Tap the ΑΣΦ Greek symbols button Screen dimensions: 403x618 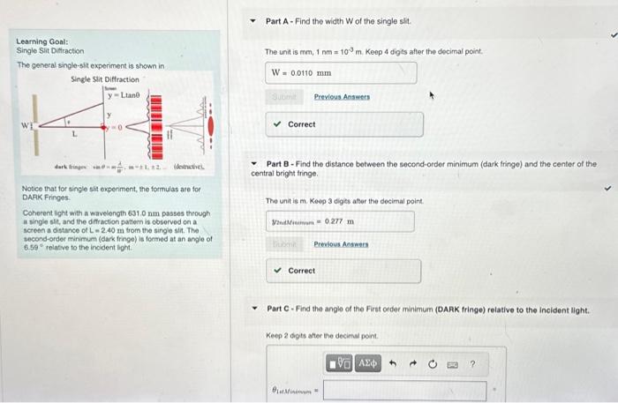coord(368,362)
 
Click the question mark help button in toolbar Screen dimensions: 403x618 coord(472,362)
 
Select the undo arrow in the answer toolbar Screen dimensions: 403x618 coord(393,362)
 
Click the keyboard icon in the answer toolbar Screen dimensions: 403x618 coord(452,362)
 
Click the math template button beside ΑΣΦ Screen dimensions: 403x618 coord(342,362)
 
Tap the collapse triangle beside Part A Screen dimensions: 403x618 coord(254,20)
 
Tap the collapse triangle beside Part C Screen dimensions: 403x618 coord(254,310)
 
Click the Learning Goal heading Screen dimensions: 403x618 coord(42,41)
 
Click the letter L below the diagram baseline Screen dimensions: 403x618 coord(74,135)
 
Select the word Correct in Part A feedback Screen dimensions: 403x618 coord(301,124)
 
